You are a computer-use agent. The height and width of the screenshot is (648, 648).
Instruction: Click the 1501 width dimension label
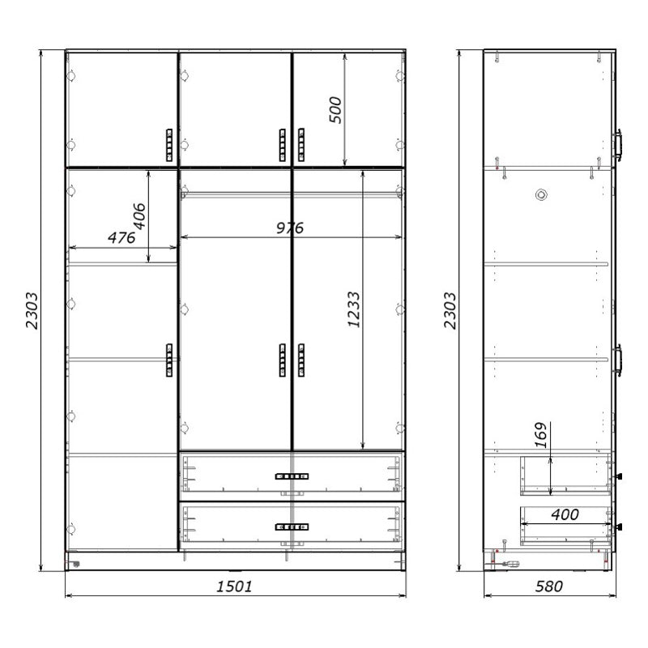coord(234,586)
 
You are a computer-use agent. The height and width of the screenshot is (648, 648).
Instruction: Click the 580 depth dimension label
coord(548,586)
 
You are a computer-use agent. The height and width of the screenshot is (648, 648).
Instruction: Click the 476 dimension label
coord(122,237)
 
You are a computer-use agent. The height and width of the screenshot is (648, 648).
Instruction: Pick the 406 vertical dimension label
coord(139,216)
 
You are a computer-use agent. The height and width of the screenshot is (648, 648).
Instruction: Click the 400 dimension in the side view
coord(564,514)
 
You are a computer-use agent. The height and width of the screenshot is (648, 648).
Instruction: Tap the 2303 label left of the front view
coord(32,311)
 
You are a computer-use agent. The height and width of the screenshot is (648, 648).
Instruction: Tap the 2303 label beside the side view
coord(451,311)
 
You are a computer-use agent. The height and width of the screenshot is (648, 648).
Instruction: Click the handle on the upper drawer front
coord(288,476)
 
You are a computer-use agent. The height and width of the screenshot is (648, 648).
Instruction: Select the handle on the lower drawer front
coord(288,526)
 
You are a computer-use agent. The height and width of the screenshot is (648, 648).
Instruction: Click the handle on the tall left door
coord(168,360)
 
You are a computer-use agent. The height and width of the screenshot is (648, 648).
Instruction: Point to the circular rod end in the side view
coord(540,195)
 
